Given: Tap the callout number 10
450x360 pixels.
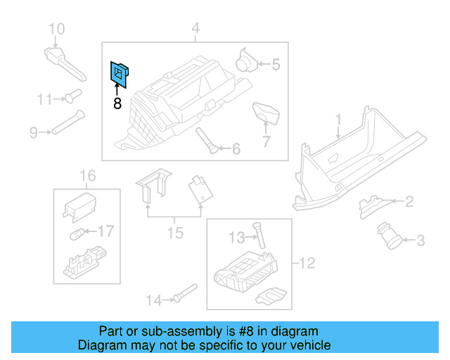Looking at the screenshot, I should coord(56,29).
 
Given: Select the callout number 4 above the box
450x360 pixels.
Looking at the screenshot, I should coord(195,29).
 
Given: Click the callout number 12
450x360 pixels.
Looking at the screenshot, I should coord(307,264).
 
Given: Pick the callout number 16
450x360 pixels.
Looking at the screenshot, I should coord(86,175).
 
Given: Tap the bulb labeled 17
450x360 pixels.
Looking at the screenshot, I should coord(79,233).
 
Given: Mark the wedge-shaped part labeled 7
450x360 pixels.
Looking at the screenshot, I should coord(265,112).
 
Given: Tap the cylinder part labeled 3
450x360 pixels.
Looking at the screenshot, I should coord(390,234).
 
